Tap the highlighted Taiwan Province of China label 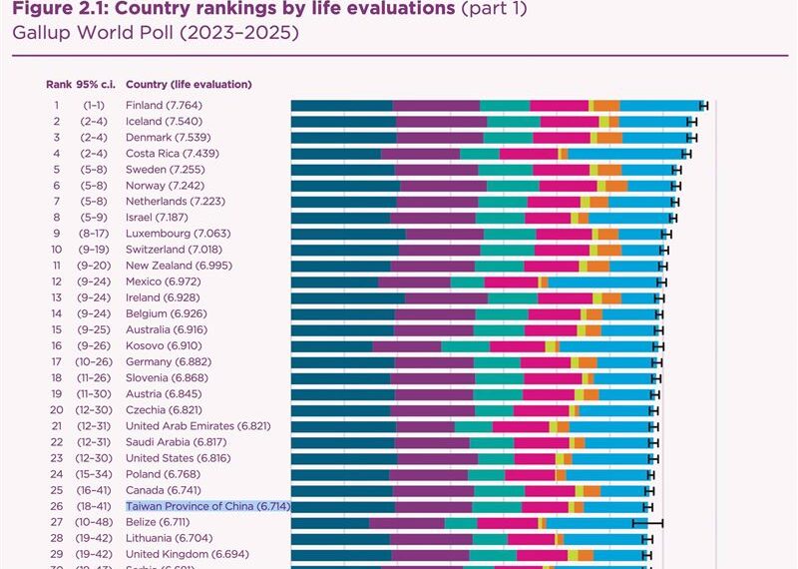coord(207,506)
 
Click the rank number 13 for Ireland coord(57,297)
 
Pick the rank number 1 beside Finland coord(57,105)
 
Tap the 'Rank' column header coord(57,84)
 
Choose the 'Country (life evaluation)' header coord(189,84)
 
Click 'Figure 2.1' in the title coord(61,9)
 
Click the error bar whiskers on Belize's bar coord(647,522)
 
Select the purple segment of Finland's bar coord(436,105)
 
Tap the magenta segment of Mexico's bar coord(512,282)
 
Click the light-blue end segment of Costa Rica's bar coord(626,154)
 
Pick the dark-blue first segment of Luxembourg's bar coord(348,234)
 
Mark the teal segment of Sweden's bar coord(506,170)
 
